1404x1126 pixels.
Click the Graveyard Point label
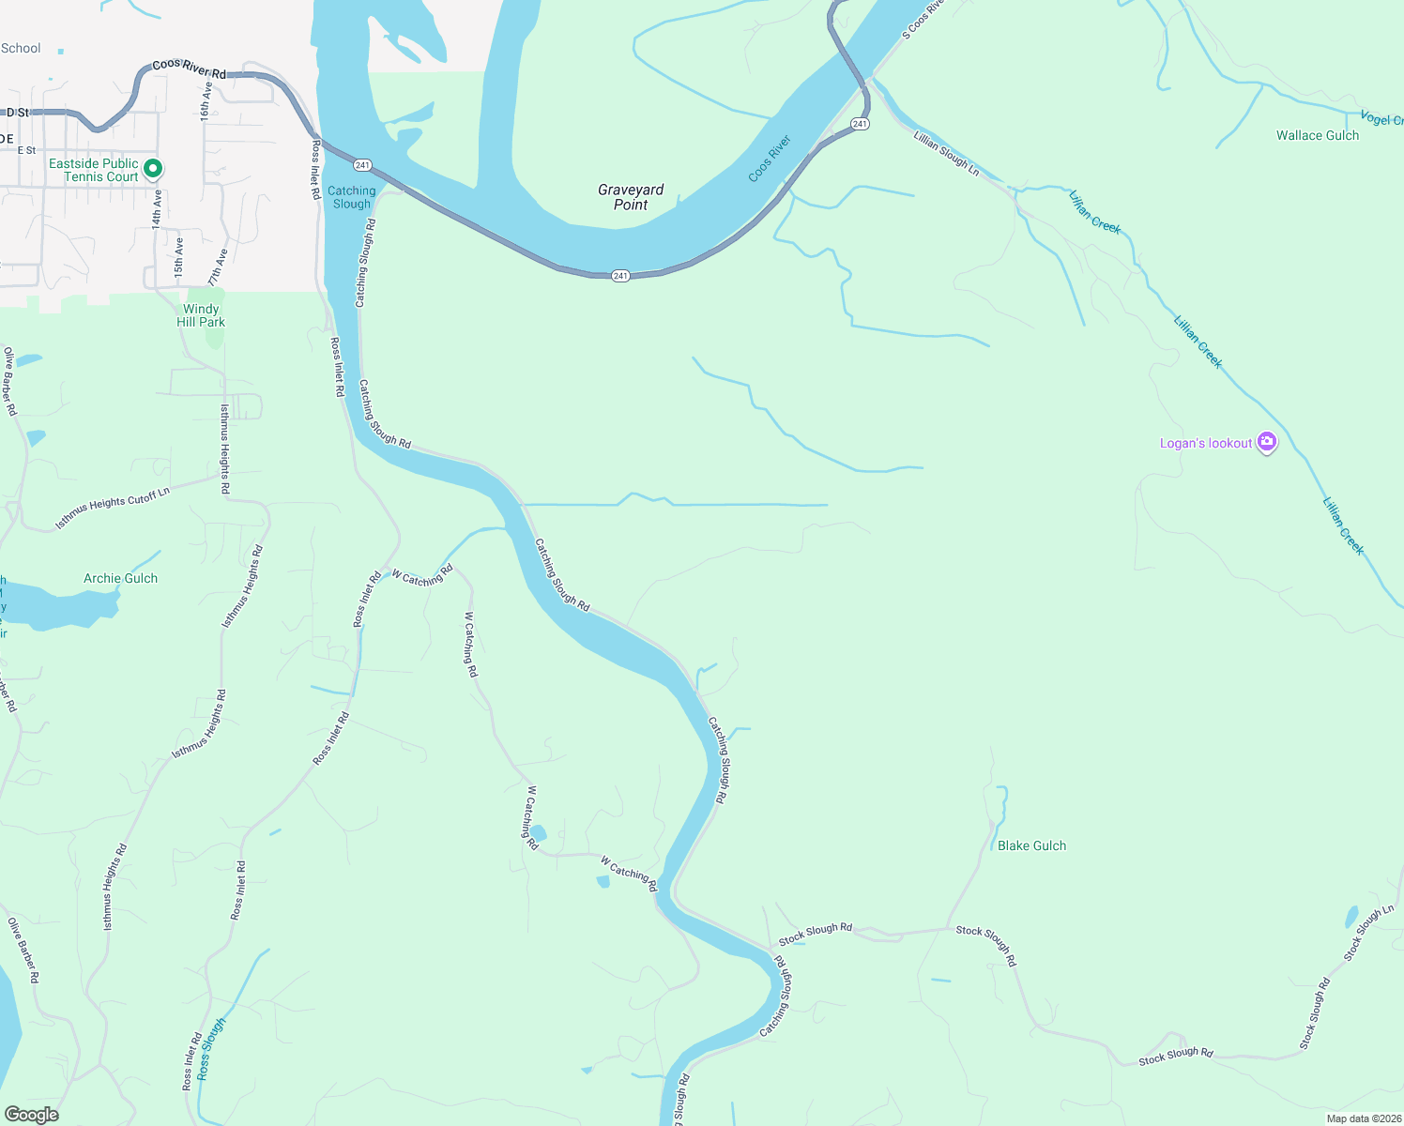(x=631, y=197)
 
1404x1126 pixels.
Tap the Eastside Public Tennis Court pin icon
(x=154, y=169)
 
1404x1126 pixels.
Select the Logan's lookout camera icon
(x=1267, y=442)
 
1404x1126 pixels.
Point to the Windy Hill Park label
(x=201, y=315)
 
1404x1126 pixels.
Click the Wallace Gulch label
(x=1317, y=135)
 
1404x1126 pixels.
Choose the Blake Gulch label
(x=1031, y=845)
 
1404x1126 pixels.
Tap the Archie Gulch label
(x=120, y=578)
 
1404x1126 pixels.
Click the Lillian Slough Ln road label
(x=946, y=154)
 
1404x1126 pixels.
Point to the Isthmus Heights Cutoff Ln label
(x=113, y=508)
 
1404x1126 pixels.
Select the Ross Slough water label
(x=211, y=1048)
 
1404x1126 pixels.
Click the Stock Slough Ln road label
(x=1368, y=933)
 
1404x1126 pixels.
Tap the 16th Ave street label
(x=206, y=100)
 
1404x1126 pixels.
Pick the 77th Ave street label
(x=218, y=266)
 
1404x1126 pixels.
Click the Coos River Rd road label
(x=189, y=68)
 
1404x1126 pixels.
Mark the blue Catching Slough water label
(x=351, y=197)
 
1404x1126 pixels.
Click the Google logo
(x=32, y=1115)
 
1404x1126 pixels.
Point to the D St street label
(x=18, y=113)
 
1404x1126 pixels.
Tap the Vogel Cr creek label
(x=1381, y=119)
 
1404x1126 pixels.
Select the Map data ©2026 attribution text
(x=1364, y=1118)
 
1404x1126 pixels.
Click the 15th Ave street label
(x=178, y=256)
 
